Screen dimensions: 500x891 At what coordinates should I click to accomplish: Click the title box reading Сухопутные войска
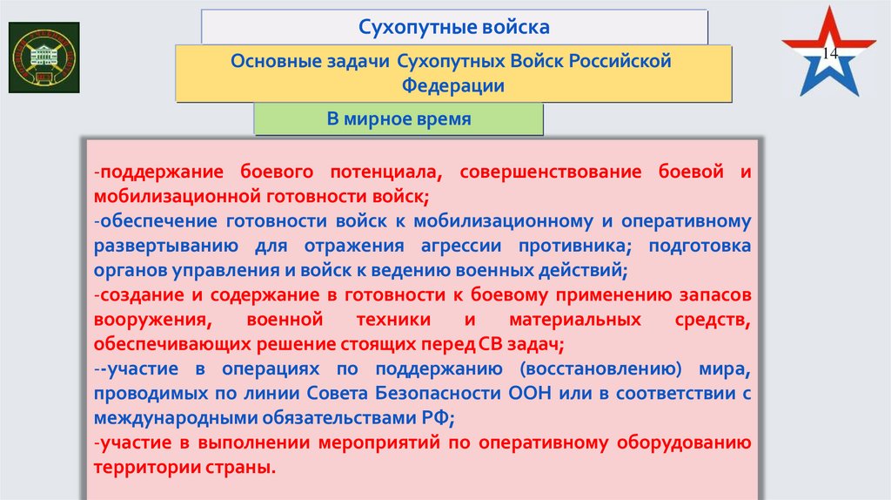[x=454, y=27]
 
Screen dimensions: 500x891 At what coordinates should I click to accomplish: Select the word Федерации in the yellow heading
[x=452, y=86]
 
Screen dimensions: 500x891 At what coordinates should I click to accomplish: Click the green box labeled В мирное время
[x=399, y=119]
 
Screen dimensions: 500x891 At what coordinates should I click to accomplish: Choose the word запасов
[x=715, y=295]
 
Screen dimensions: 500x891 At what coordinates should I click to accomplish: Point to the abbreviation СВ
[x=489, y=344]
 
